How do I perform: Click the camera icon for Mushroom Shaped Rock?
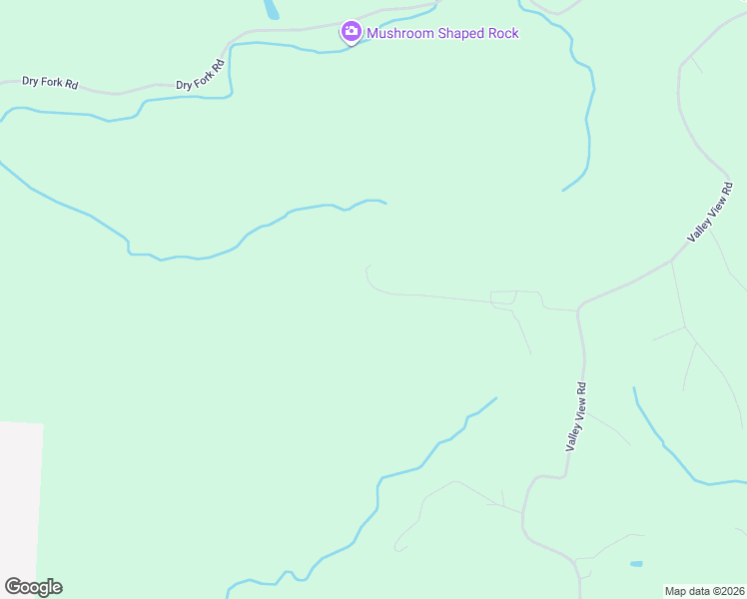point(351,33)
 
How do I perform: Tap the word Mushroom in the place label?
point(401,33)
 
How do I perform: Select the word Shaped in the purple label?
point(460,33)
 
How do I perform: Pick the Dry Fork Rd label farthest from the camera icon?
point(50,83)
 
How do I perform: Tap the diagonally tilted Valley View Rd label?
point(712,212)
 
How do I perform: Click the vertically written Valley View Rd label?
point(575,416)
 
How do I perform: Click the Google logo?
point(33,587)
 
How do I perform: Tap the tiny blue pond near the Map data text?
point(636,564)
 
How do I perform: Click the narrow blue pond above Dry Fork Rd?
point(271,10)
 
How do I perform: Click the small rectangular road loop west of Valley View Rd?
point(503,298)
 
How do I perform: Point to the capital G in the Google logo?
point(13,587)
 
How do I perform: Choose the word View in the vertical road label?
point(576,413)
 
